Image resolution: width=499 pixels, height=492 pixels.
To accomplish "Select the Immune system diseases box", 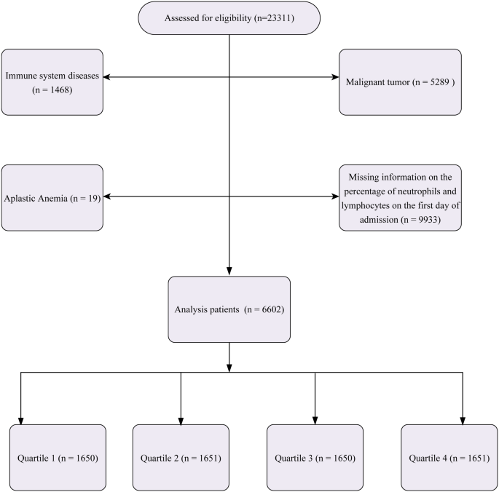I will pos(52,82).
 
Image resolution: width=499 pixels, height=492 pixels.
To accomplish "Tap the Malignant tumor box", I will pos(400,82).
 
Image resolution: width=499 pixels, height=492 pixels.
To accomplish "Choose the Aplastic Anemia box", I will pos(52,197).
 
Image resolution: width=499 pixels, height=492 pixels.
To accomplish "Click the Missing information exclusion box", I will pos(400,197).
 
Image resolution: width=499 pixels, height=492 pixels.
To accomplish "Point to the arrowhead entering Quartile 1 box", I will pos(20,420).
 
